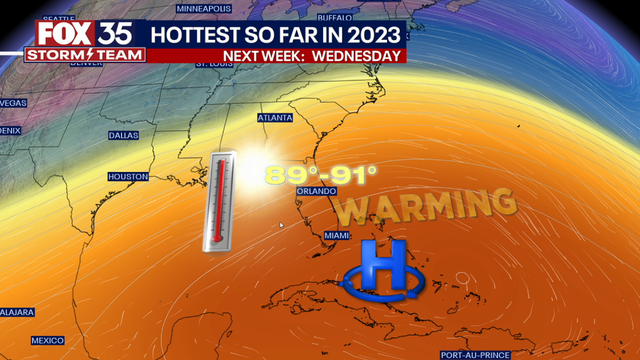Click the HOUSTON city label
click(127, 177)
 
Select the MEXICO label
click(46, 339)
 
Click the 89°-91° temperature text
click(321, 175)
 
